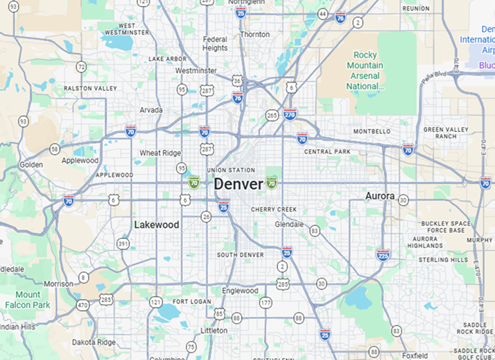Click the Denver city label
(238, 184)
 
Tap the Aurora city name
(380, 196)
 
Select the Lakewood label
(156, 225)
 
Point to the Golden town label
(31, 165)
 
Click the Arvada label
(150, 110)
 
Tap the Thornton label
(255, 35)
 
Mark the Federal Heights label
(215, 44)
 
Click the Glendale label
(289, 224)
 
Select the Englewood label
(240, 291)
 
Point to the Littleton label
(214, 331)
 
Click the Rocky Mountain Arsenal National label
(365, 70)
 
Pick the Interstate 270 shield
(290, 114)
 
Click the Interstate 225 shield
(383, 254)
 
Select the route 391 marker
(122, 243)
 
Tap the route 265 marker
(272, 115)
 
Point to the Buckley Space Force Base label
(445, 227)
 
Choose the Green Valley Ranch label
(445, 133)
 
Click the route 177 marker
(265, 302)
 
